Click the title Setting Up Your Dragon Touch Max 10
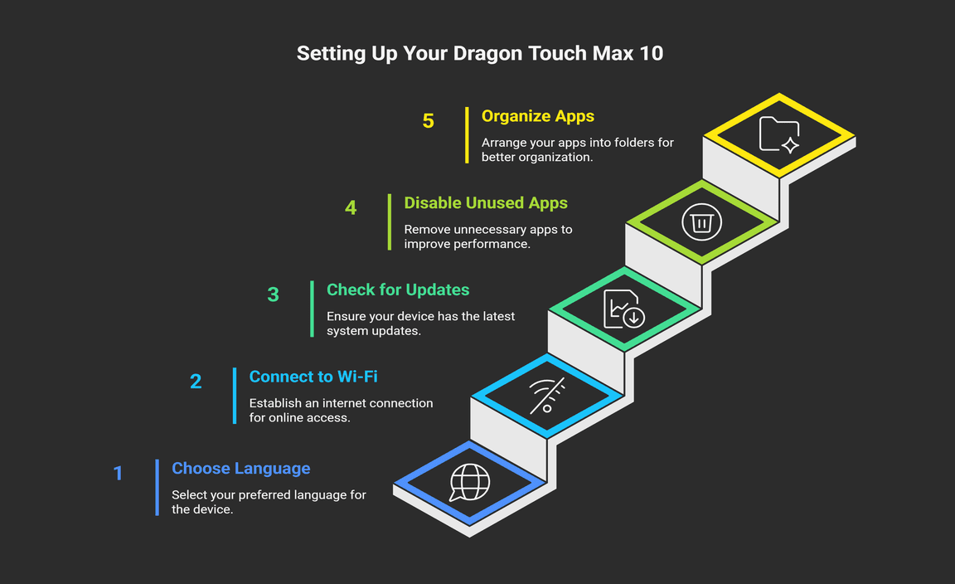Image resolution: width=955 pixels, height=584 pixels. click(480, 54)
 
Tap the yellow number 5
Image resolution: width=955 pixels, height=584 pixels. click(428, 121)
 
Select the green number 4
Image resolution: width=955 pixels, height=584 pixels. click(351, 208)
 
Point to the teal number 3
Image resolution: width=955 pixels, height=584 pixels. click(274, 295)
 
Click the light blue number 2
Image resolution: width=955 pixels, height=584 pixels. click(196, 382)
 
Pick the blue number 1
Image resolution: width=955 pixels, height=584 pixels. click(119, 473)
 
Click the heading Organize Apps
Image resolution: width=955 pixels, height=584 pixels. click(538, 116)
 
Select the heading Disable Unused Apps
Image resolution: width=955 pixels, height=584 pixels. click(486, 203)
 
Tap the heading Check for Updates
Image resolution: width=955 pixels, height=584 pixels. click(398, 290)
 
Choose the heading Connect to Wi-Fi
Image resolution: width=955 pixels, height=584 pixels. click(313, 377)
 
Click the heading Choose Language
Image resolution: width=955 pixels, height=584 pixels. click(240, 468)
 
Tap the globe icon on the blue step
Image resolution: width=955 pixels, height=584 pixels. click(469, 482)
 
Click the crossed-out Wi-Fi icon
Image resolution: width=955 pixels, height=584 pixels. click(547, 396)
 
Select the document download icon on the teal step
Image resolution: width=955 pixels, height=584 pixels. click(623, 309)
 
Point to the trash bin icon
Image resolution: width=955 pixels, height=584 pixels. click(701, 221)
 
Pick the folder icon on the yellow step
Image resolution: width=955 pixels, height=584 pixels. click(779, 134)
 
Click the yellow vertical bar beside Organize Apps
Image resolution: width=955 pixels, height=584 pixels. click(468, 135)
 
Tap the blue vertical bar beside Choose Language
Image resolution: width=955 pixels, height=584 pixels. click(158, 488)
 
